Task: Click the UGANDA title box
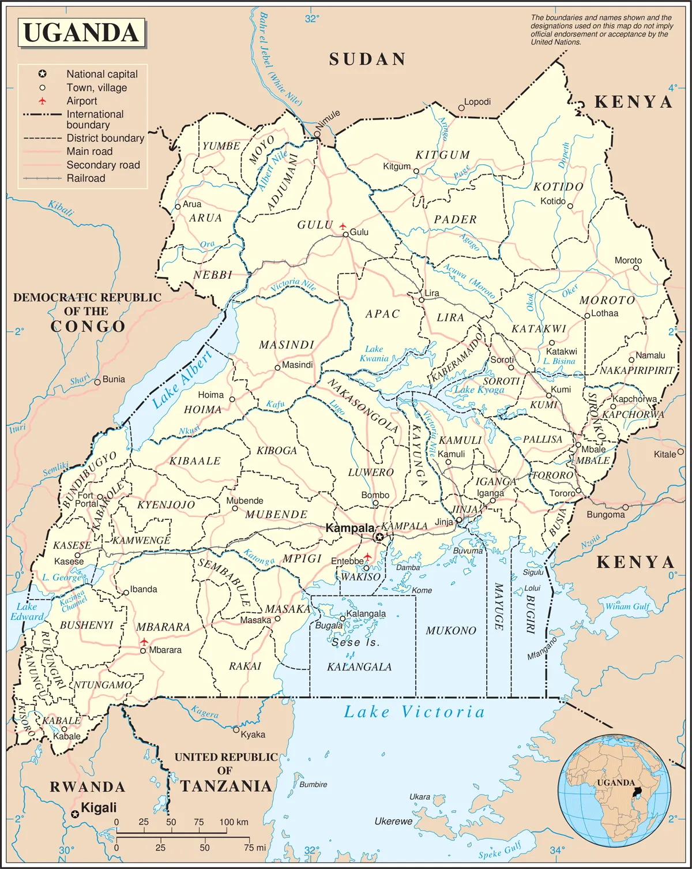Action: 81,32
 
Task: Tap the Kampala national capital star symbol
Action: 379,537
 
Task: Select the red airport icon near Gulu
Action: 343,226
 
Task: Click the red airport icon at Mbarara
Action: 144,642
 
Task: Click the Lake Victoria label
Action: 414,712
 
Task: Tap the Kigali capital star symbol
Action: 74,814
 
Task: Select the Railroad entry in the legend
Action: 85,178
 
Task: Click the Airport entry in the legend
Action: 81,101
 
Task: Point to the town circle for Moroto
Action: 636,268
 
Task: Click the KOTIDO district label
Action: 558,187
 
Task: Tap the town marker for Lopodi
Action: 461,108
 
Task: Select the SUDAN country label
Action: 367,59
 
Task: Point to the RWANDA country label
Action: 87,787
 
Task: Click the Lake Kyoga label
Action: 479,389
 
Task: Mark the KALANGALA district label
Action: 359,667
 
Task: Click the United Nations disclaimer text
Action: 601,30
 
